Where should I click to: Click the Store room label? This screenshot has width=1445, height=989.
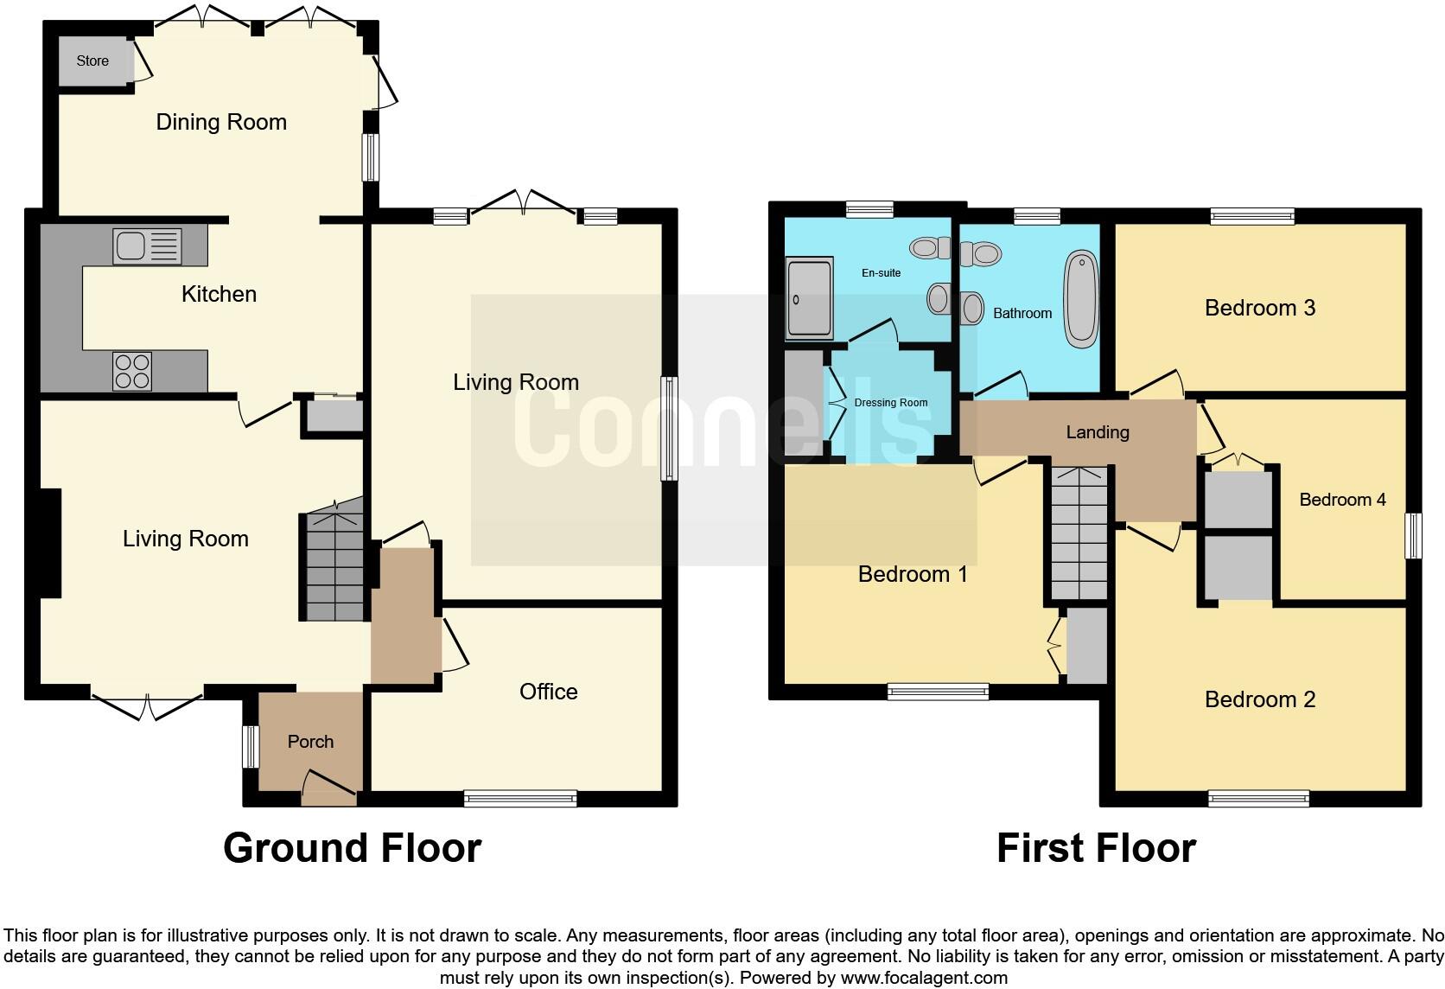[92, 61]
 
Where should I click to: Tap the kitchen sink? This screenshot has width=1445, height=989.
[147, 246]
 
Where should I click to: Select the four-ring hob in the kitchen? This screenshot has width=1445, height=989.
[132, 371]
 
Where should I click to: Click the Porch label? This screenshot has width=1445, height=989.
[310, 741]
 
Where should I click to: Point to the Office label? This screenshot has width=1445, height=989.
[548, 691]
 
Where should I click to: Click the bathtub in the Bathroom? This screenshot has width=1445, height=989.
[1080, 299]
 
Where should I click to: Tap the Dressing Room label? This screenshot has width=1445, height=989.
[890, 403]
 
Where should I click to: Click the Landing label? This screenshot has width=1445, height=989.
[1097, 431]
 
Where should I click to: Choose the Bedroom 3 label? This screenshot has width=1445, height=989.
[1259, 307]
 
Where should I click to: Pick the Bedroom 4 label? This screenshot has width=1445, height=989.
[1341, 499]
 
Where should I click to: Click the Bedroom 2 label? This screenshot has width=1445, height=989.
[1259, 699]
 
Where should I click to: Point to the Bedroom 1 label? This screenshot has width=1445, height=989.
[912, 573]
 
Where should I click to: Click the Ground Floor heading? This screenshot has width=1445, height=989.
[352, 847]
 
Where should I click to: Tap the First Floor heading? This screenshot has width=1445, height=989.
[1095, 847]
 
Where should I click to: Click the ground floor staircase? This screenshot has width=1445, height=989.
[333, 562]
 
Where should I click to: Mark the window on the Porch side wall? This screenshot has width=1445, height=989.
[250, 746]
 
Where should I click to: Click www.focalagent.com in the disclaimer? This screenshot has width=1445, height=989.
[923, 978]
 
